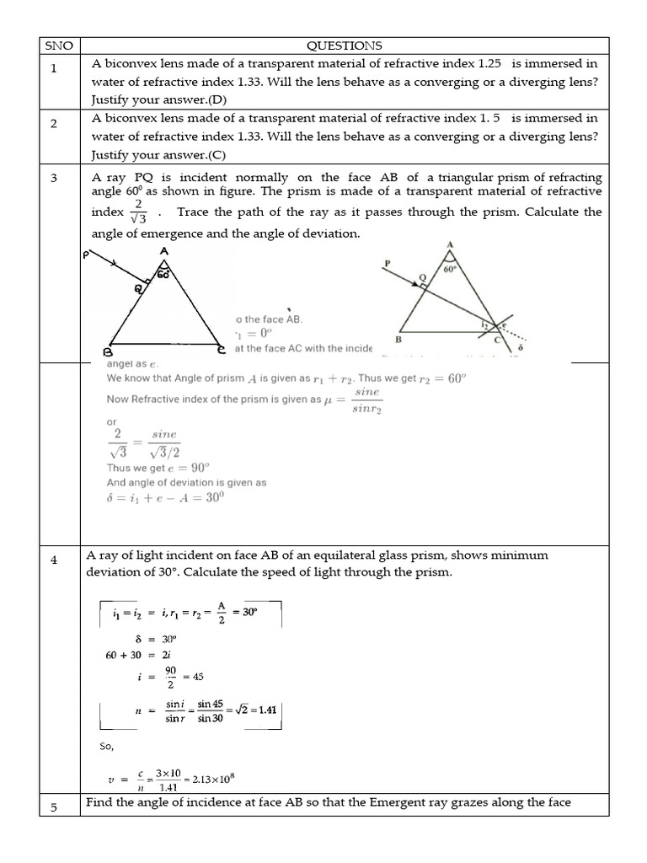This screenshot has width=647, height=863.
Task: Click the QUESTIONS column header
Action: tap(345, 46)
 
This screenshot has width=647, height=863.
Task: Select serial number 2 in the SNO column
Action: tap(54, 123)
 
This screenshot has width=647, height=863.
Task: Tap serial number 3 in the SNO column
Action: tap(54, 178)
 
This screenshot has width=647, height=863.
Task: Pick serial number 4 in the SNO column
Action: tap(54, 560)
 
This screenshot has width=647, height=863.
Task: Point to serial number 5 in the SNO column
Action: tap(54, 807)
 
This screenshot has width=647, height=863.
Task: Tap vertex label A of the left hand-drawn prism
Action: tap(162, 251)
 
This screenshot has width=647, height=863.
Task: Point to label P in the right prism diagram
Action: tap(387, 264)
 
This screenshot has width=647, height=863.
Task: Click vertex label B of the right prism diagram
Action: tap(398, 340)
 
